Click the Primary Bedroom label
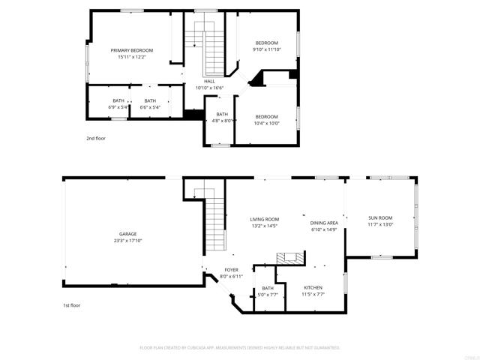131,50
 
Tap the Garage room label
127,233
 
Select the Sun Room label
380,217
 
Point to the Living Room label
264,219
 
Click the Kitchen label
313,287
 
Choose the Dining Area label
324,223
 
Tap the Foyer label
231,270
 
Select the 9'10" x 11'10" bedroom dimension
266,49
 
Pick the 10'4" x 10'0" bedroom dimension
266,123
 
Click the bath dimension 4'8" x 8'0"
221,120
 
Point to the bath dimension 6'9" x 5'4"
118,106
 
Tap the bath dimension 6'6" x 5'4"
150,106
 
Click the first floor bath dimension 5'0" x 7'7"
268,294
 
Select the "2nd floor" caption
95,139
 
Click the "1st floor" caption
72,305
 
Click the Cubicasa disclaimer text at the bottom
240,347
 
